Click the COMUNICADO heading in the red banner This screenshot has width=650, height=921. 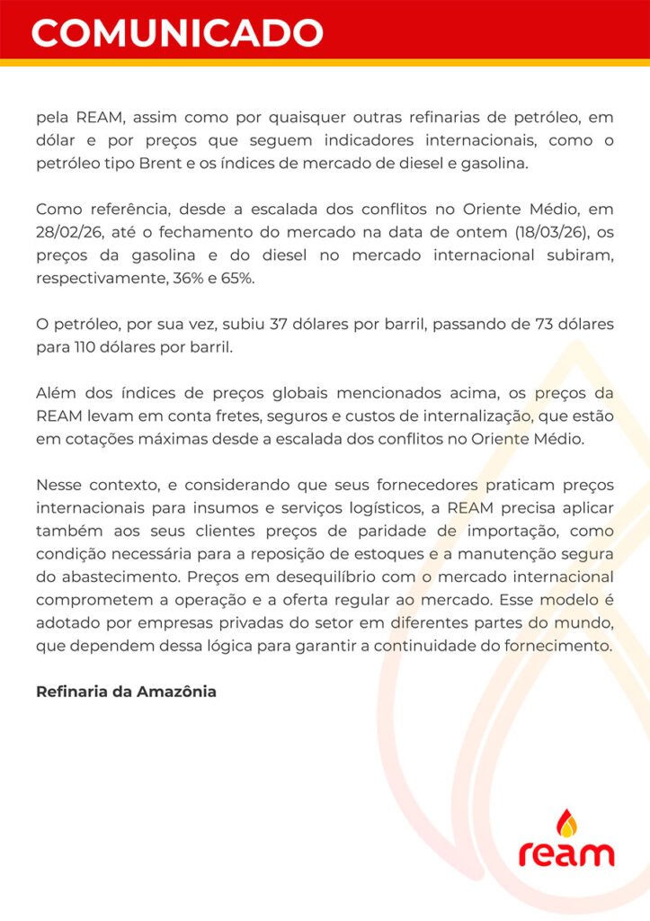[x=177, y=31]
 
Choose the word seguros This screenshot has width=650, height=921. [x=305, y=416]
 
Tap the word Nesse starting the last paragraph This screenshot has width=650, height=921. [x=59, y=486]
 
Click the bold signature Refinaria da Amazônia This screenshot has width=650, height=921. [x=126, y=693]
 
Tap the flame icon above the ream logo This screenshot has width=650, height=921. [x=565, y=823]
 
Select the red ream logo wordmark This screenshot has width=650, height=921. [x=566, y=854]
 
